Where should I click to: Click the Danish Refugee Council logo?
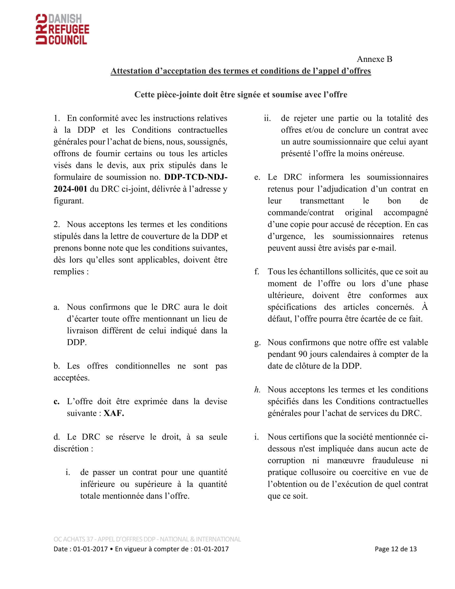click(63, 29)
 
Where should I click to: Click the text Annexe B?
click(374, 59)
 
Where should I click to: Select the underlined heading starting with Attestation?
click(240, 71)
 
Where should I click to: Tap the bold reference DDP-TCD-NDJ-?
click(196, 177)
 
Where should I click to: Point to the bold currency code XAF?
click(114, 413)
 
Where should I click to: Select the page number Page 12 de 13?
click(395, 549)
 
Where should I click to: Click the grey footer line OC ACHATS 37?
click(147, 539)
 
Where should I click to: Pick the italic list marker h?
click(257, 390)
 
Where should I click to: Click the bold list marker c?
click(56, 401)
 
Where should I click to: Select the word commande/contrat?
click(301, 213)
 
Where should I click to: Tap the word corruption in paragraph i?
click(286, 460)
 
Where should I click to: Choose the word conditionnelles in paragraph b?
click(143, 366)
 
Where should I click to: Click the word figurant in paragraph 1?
click(69, 201)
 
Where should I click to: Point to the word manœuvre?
click(345, 460)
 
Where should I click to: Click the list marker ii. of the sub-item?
click(267, 118)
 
